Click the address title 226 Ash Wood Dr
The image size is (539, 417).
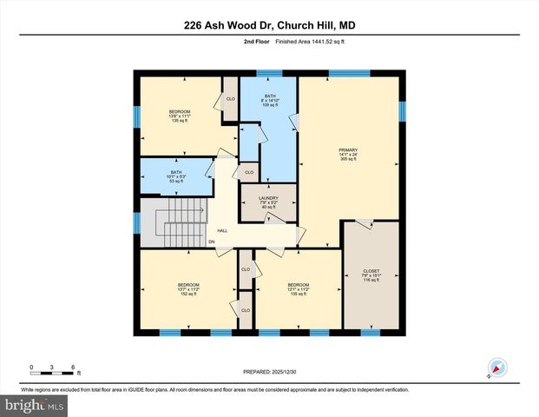click(x=269, y=25)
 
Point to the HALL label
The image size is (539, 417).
click(x=222, y=230)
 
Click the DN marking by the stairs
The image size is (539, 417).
click(x=211, y=241)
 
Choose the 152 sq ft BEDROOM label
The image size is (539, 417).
click(x=188, y=289)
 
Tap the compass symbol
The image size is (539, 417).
click(x=496, y=367)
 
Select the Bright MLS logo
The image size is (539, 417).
click(x=35, y=406)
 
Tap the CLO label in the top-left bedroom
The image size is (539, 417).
click(x=230, y=99)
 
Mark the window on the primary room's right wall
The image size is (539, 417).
click(x=401, y=111)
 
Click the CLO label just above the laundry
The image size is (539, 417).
click(x=248, y=172)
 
